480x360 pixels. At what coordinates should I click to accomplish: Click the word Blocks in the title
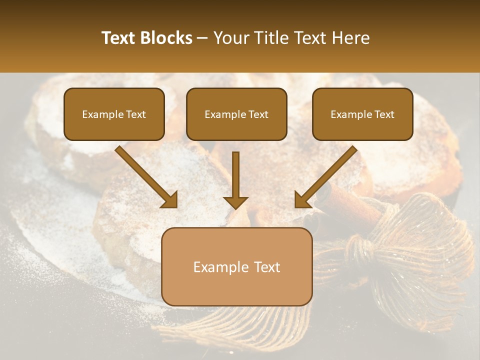click(167, 38)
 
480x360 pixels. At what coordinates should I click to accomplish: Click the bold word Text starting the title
click(119, 38)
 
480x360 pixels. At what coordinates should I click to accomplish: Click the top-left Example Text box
click(114, 114)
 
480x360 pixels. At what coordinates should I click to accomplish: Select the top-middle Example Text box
click(236, 114)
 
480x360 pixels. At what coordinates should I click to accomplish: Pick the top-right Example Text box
click(362, 114)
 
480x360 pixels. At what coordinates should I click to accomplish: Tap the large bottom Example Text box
click(236, 266)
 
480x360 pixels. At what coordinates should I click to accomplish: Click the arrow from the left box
click(145, 176)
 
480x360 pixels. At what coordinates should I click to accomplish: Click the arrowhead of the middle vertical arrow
click(235, 202)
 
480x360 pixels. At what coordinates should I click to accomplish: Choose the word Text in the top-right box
click(384, 114)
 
